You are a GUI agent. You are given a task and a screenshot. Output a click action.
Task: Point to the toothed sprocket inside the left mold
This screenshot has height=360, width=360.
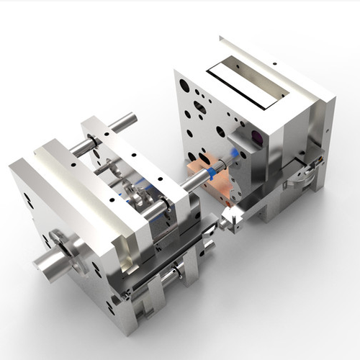(133, 194)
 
